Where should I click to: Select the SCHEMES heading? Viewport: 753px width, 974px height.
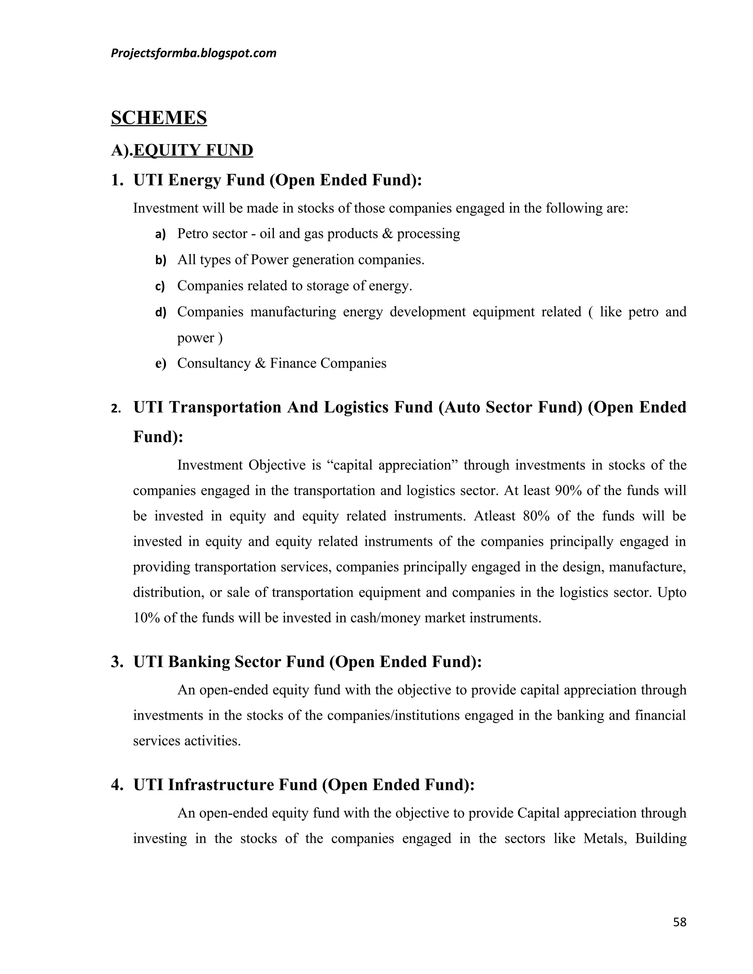tap(159, 118)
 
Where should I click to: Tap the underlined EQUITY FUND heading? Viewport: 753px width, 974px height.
tap(193, 150)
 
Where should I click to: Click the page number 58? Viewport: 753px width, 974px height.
tap(679, 922)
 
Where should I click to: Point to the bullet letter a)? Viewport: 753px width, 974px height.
tap(160, 234)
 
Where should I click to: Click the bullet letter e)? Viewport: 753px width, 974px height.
tap(160, 364)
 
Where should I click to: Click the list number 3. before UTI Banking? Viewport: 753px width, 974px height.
tap(117, 661)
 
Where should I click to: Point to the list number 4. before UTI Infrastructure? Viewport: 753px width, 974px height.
tap(117, 784)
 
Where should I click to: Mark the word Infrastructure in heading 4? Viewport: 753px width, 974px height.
tap(221, 784)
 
